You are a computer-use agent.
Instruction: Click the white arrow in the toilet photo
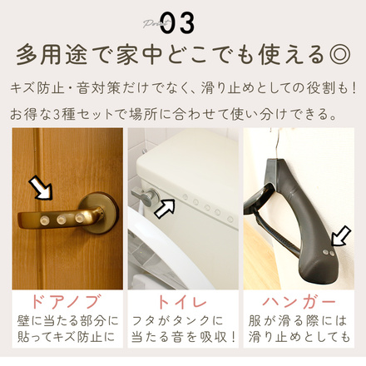166,207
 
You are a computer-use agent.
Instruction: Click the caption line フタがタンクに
183,321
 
